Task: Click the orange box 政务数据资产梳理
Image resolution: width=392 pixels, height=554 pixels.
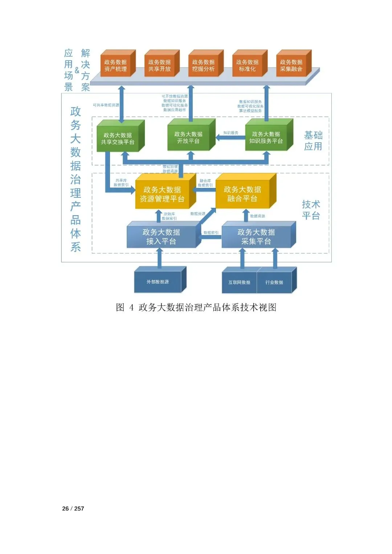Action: coord(115,66)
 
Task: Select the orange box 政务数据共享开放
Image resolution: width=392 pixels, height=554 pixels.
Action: coord(159,66)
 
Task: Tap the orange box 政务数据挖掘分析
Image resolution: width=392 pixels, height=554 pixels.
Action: coord(203,66)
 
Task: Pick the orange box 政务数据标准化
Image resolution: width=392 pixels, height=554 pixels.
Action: coord(247,66)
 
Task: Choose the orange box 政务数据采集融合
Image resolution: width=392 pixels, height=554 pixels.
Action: coord(291,66)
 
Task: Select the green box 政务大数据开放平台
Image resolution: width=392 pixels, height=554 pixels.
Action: coord(188,138)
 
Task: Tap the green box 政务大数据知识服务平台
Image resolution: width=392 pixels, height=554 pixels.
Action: coord(266,138)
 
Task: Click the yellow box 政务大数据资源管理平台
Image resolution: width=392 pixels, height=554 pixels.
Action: coord(162,194)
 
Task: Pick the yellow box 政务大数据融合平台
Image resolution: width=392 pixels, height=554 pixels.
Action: coord(242,194)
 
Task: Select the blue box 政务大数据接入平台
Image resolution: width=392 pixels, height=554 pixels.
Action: coord(161,237)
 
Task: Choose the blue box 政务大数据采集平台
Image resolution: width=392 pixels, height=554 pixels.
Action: coord(256,237)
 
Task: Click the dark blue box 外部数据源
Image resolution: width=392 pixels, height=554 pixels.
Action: coord(158,282)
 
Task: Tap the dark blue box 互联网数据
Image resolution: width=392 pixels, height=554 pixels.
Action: coord(239,282)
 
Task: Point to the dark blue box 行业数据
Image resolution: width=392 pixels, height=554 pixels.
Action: coord(274,282)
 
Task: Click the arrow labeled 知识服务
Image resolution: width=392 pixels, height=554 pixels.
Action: coord(230,138)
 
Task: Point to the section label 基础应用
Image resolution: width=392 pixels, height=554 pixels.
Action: coord(313,141)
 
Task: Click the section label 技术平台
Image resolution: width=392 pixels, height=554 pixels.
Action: coord(311,210)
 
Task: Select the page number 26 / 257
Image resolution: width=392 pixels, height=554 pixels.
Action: coord(73,509)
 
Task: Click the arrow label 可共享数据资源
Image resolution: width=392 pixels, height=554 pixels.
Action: coord(106,105)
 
